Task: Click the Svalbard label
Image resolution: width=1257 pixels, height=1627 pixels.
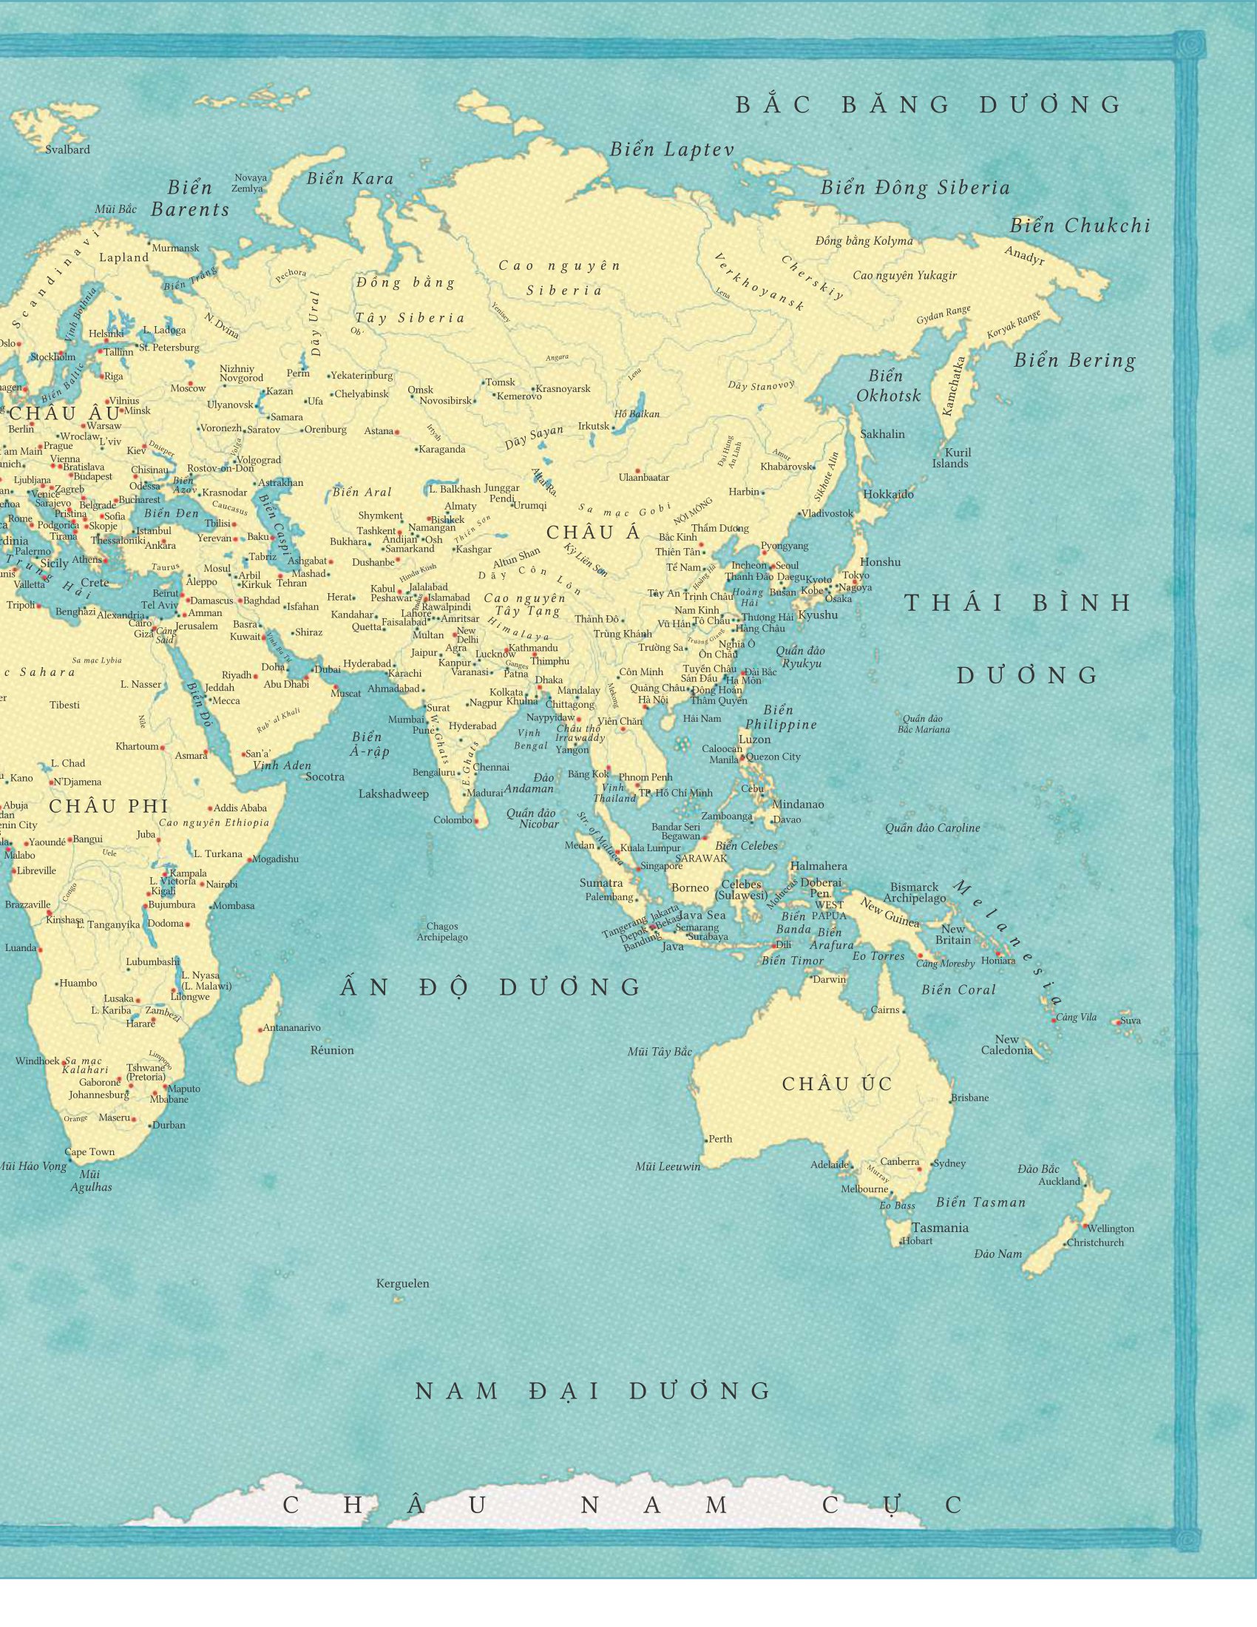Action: [x=68, y=149]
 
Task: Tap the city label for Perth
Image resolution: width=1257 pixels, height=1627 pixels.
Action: [x=720, y=1139]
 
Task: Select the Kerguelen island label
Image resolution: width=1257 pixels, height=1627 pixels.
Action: [x=402, y=1284]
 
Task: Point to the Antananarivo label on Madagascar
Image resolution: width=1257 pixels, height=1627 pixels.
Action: [x=292, y=1028]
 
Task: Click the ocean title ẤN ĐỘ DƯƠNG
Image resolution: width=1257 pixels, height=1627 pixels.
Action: [x=492, y=988]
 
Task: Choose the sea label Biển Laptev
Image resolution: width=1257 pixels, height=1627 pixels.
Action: [x=671, y=149]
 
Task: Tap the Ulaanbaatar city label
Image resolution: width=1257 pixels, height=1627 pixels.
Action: [x=644, y=478]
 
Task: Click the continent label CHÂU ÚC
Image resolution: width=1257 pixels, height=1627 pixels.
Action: [x=837, y=1085]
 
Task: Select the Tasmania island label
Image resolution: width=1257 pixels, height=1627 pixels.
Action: [x=940, y=1228]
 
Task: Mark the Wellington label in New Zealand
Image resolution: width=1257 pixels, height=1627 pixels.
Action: [x=1111, y=1228]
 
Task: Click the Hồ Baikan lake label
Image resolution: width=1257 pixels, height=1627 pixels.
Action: [x=637, y=414]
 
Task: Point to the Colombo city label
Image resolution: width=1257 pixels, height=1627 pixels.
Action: [x=453, y=820]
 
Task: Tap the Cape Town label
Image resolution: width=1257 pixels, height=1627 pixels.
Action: [x=89, y=1151]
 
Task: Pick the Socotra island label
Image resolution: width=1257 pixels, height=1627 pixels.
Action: [x=325, y=777]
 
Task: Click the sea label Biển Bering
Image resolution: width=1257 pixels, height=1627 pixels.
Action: [x=1074, y=362]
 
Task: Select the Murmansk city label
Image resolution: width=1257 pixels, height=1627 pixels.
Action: [x=176, y=248]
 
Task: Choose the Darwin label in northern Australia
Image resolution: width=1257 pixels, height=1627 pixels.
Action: [x=830, y=980]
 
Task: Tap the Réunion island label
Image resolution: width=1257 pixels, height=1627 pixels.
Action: [x=332, y=1050]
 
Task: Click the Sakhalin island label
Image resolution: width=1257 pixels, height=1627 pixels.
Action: [x=882, y=434]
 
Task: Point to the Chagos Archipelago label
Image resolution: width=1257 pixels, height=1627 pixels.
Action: [x=442, y=932]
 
